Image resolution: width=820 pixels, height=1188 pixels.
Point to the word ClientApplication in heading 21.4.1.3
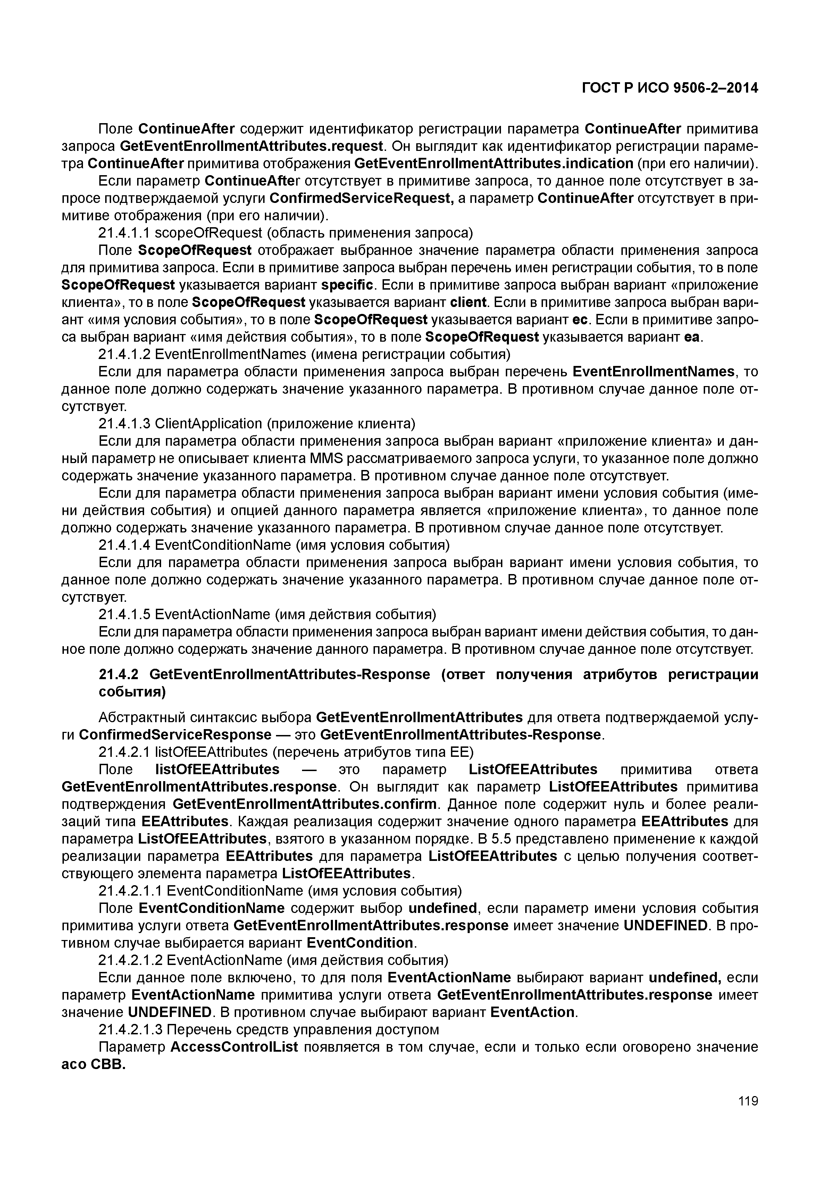[208, 424]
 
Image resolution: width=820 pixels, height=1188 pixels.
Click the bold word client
[468, 302]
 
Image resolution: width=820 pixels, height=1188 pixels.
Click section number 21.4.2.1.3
[131, 1029]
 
